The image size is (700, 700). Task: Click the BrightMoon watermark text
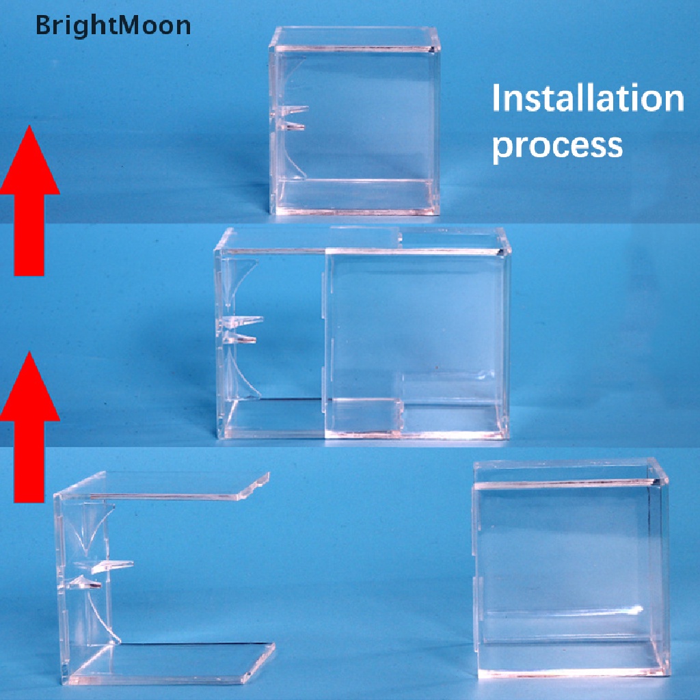[x=113, y=25]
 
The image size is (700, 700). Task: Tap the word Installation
[x=588, y=98]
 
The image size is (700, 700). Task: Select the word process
[x=557, y=146]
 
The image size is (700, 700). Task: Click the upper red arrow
[x=29, y=200]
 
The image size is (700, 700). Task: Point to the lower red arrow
[x=29, y=427]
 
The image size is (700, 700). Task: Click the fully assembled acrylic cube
[x=355, y=120]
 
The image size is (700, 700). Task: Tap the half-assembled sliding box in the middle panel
[x=362, y=334]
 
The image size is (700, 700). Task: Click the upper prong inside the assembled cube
[x=293, y=110]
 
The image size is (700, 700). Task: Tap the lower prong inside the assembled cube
[x=291, y=126]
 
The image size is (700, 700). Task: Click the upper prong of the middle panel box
[x=243, y=321]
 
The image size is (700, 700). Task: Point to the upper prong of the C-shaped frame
[x=111, y=566]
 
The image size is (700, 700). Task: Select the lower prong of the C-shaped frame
[x=85, y=582]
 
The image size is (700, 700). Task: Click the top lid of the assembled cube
[x=355, y=38]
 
